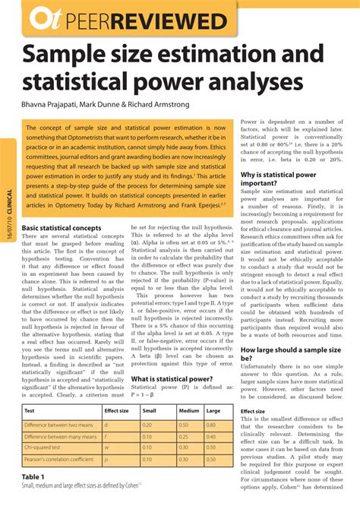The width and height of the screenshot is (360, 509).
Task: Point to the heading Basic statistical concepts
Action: point(63,228)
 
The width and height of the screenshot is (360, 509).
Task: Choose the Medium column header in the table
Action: point(188,410)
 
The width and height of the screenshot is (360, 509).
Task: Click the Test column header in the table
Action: point(30,410)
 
